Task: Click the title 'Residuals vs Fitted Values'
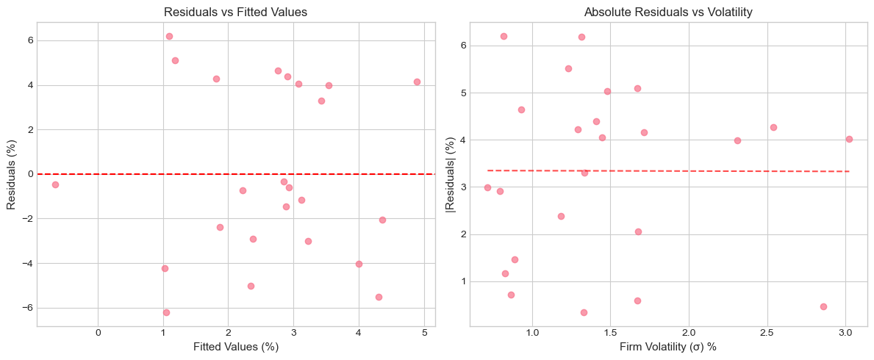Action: click(235, 12)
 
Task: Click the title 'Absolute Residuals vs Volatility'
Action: click(668, 12)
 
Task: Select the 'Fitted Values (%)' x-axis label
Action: click(235, 346)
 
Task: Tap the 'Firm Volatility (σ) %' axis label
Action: click(668, 346)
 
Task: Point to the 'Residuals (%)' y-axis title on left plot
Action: click(12, 173)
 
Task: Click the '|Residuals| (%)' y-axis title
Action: click(451, 173)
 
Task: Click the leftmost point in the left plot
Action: click(55, 184)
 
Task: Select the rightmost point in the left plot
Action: click(417, 82)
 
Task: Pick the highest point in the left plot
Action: click(169, 36)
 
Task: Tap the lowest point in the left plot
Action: click(166, 312)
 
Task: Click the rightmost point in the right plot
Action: click(849, 139)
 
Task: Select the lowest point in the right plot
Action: click(584, 312)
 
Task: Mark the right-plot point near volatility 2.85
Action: click(823, 306)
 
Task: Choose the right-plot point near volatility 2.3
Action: click(737, 140)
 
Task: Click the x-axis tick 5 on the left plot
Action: click(424, 332)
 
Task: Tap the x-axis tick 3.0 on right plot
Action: click(845, 332)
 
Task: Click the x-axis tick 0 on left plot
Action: click(98, 332)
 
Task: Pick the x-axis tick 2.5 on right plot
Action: click(767, 332)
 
